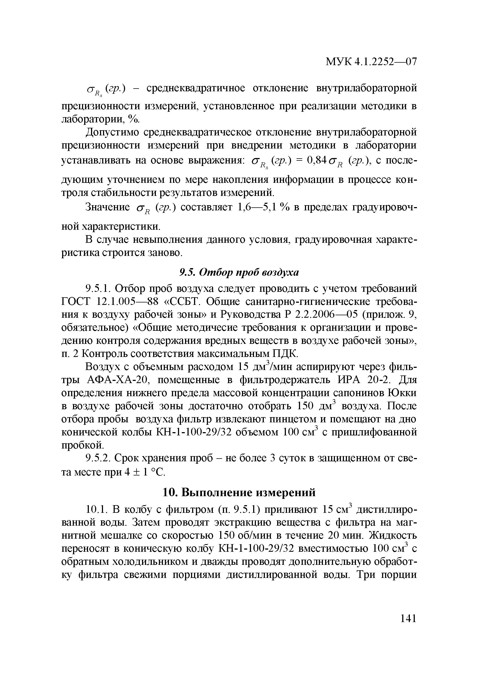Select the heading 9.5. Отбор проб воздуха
coord(239,273)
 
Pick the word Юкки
coord(402,393)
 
